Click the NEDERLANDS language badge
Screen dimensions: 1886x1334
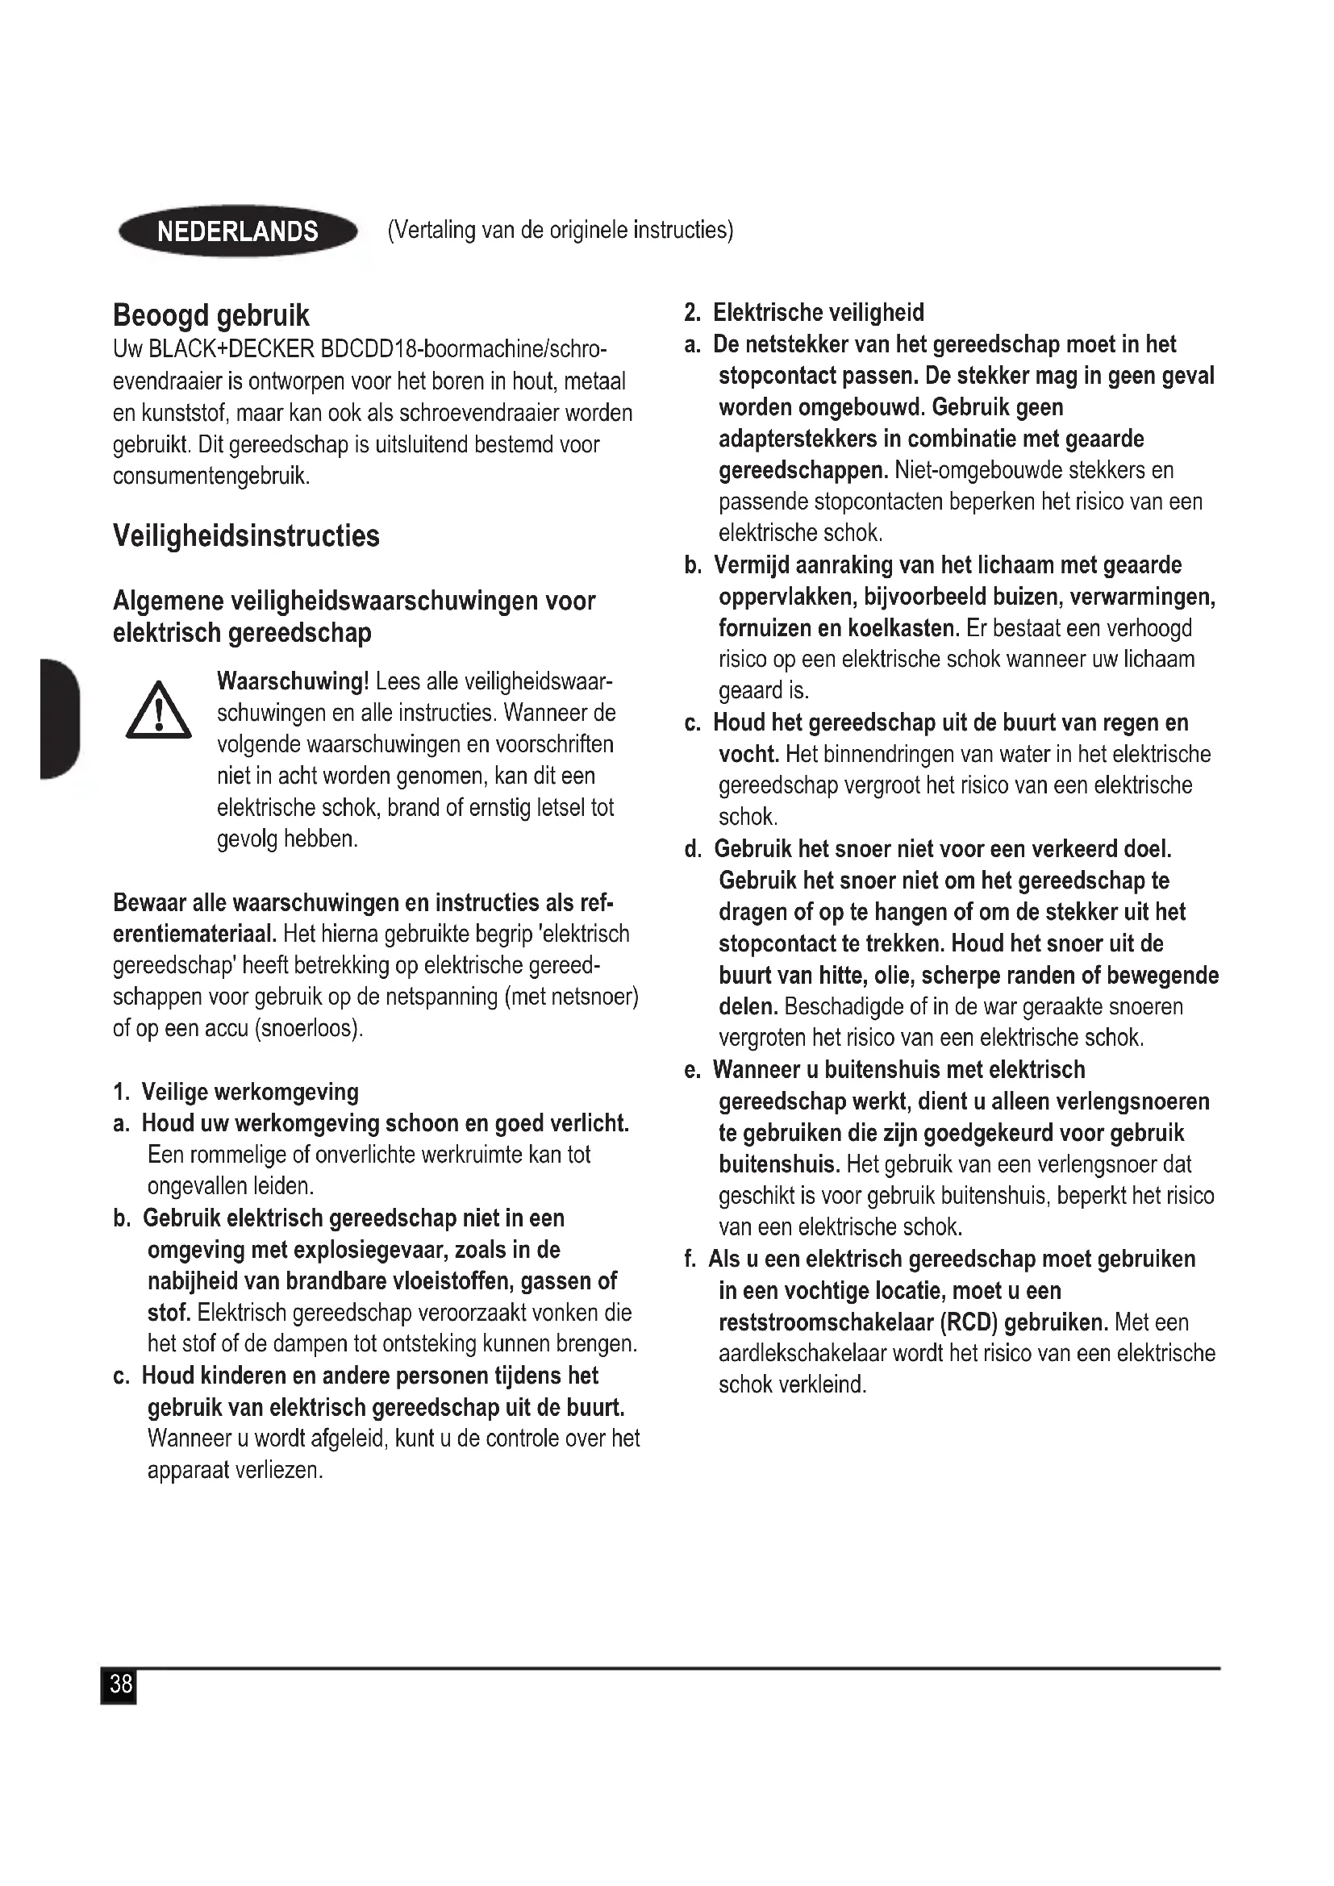coord(238,231)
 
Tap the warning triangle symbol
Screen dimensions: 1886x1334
coord(159,712)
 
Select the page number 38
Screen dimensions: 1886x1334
coord(120,1684)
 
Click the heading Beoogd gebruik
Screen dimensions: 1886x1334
coord(211,315)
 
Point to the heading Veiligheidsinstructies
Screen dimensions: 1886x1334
coord(247,536)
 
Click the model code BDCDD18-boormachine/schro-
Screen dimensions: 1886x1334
coord(464,349)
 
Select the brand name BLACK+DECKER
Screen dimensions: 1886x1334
coord(231,349)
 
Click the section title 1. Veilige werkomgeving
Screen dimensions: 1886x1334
coord(236,1092)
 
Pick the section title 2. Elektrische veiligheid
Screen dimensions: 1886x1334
coord(804,313)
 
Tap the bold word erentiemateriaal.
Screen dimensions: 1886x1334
coord(194,934)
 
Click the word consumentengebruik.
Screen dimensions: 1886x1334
coord(211,476)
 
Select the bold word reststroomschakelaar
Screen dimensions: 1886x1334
coord(827,1322)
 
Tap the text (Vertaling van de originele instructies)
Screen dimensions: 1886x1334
coord(561,230)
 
